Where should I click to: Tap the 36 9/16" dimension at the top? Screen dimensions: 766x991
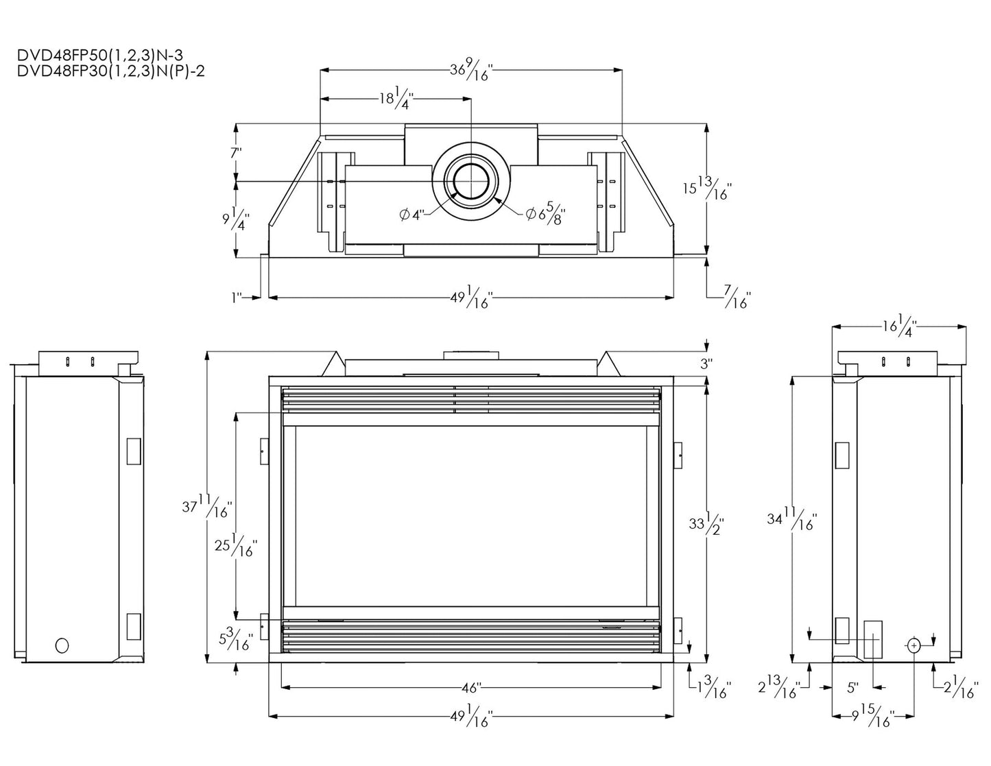470,70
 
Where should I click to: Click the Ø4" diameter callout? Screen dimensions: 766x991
411,215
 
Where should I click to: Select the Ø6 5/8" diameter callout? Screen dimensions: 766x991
547,214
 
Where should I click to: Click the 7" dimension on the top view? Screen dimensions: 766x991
236,153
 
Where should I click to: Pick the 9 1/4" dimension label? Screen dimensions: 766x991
235,219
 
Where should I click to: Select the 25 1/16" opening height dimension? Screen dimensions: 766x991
235,546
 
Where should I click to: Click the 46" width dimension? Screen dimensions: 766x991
471,686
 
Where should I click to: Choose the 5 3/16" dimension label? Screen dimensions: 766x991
235,639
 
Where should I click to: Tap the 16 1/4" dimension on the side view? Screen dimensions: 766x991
900,325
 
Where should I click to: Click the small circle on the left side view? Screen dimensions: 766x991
62,645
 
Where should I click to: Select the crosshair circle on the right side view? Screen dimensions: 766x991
915,645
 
